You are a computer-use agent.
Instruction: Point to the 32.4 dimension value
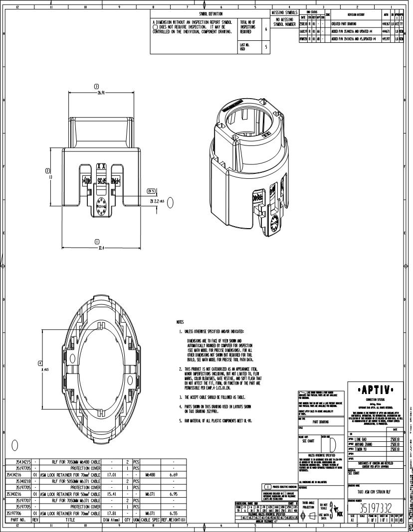[96, 248]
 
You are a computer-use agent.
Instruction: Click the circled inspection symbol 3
[96, 87]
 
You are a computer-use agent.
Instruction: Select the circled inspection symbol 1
[96, 242]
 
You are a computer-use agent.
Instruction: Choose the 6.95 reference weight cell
[174, 494]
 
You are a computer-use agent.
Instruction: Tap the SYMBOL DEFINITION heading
[210, 13]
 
